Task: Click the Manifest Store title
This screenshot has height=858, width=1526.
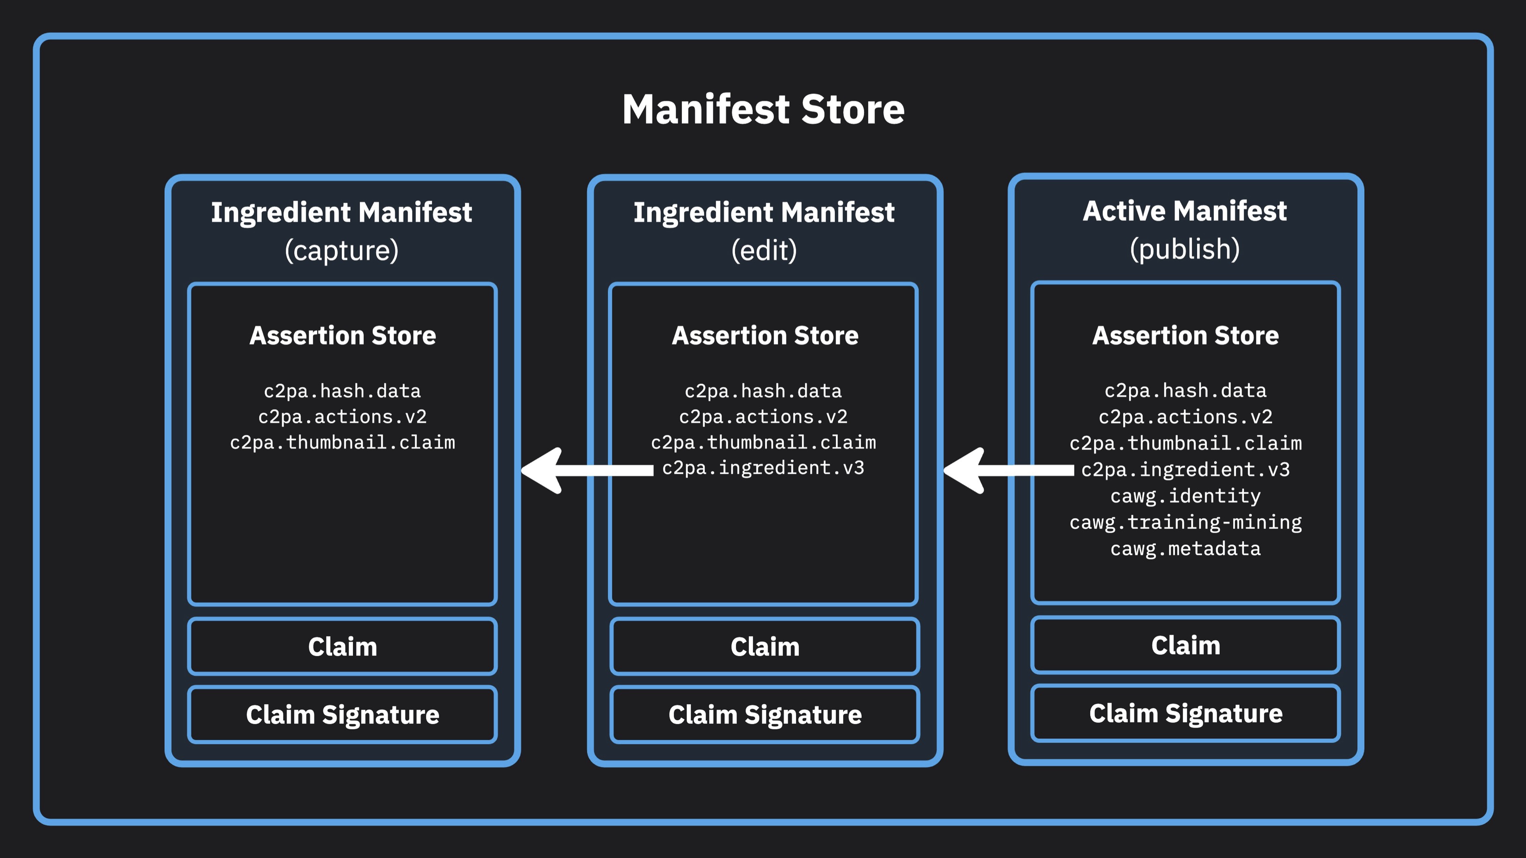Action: (x=763, y=110)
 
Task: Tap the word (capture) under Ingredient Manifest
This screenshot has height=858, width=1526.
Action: (x=342, y=251)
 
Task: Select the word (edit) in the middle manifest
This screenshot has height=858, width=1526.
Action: (x=764, y=251)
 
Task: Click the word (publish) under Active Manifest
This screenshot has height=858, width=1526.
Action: (x=1185, y=249)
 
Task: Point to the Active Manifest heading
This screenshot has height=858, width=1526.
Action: (x=1185, y=211)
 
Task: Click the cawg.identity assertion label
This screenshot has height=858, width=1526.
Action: (x=1186, y=496)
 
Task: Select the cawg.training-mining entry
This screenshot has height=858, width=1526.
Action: (x=1186, y=522)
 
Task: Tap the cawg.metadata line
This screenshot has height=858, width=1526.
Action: (x=1186, y=549)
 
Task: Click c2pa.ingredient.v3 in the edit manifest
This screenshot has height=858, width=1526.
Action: (x=763, y=468)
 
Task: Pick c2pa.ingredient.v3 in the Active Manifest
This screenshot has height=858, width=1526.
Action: (x=1186, y=470)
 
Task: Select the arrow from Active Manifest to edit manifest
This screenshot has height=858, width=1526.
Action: (x=1007, y=470)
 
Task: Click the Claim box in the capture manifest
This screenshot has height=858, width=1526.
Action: (x=342, y=647)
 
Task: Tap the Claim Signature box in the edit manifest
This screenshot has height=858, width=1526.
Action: (x=765, y=715)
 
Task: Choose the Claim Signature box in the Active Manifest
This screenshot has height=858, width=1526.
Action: (x=1186, y=713)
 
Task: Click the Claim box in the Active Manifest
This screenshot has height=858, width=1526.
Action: (x=1186, y=645)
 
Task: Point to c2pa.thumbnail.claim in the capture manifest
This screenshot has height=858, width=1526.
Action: (x=342, y=443)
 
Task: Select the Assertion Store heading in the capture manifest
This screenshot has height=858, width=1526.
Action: (x=342, y=336)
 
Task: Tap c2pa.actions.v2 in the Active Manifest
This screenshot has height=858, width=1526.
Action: (x=1186, y=417)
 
